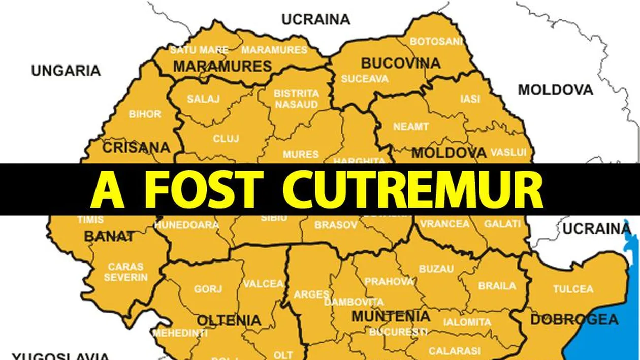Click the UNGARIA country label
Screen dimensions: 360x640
tap(66, 71)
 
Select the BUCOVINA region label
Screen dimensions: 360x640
tap(400, 63)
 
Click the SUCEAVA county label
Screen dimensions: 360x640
tap(365, 79)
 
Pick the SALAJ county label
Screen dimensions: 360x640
tap(203, 99)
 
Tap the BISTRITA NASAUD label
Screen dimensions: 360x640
tap(297, 99)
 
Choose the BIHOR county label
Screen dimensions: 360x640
tap(145, 114)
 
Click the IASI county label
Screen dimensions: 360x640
tap(470, 99)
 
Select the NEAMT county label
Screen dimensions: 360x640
tap(411, 127)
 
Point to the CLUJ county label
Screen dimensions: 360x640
tap(226, 138)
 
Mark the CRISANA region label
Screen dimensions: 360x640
tap(136, 148)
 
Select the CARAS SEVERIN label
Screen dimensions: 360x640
tap(126, 272)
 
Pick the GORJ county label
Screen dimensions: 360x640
tap(208, 289)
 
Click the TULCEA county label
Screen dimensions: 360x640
tap(573, 289)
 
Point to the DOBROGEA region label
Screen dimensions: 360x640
tap(574, 320)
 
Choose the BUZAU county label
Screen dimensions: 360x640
tap(436, 269)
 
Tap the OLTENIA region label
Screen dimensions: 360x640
tap(229, 320)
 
